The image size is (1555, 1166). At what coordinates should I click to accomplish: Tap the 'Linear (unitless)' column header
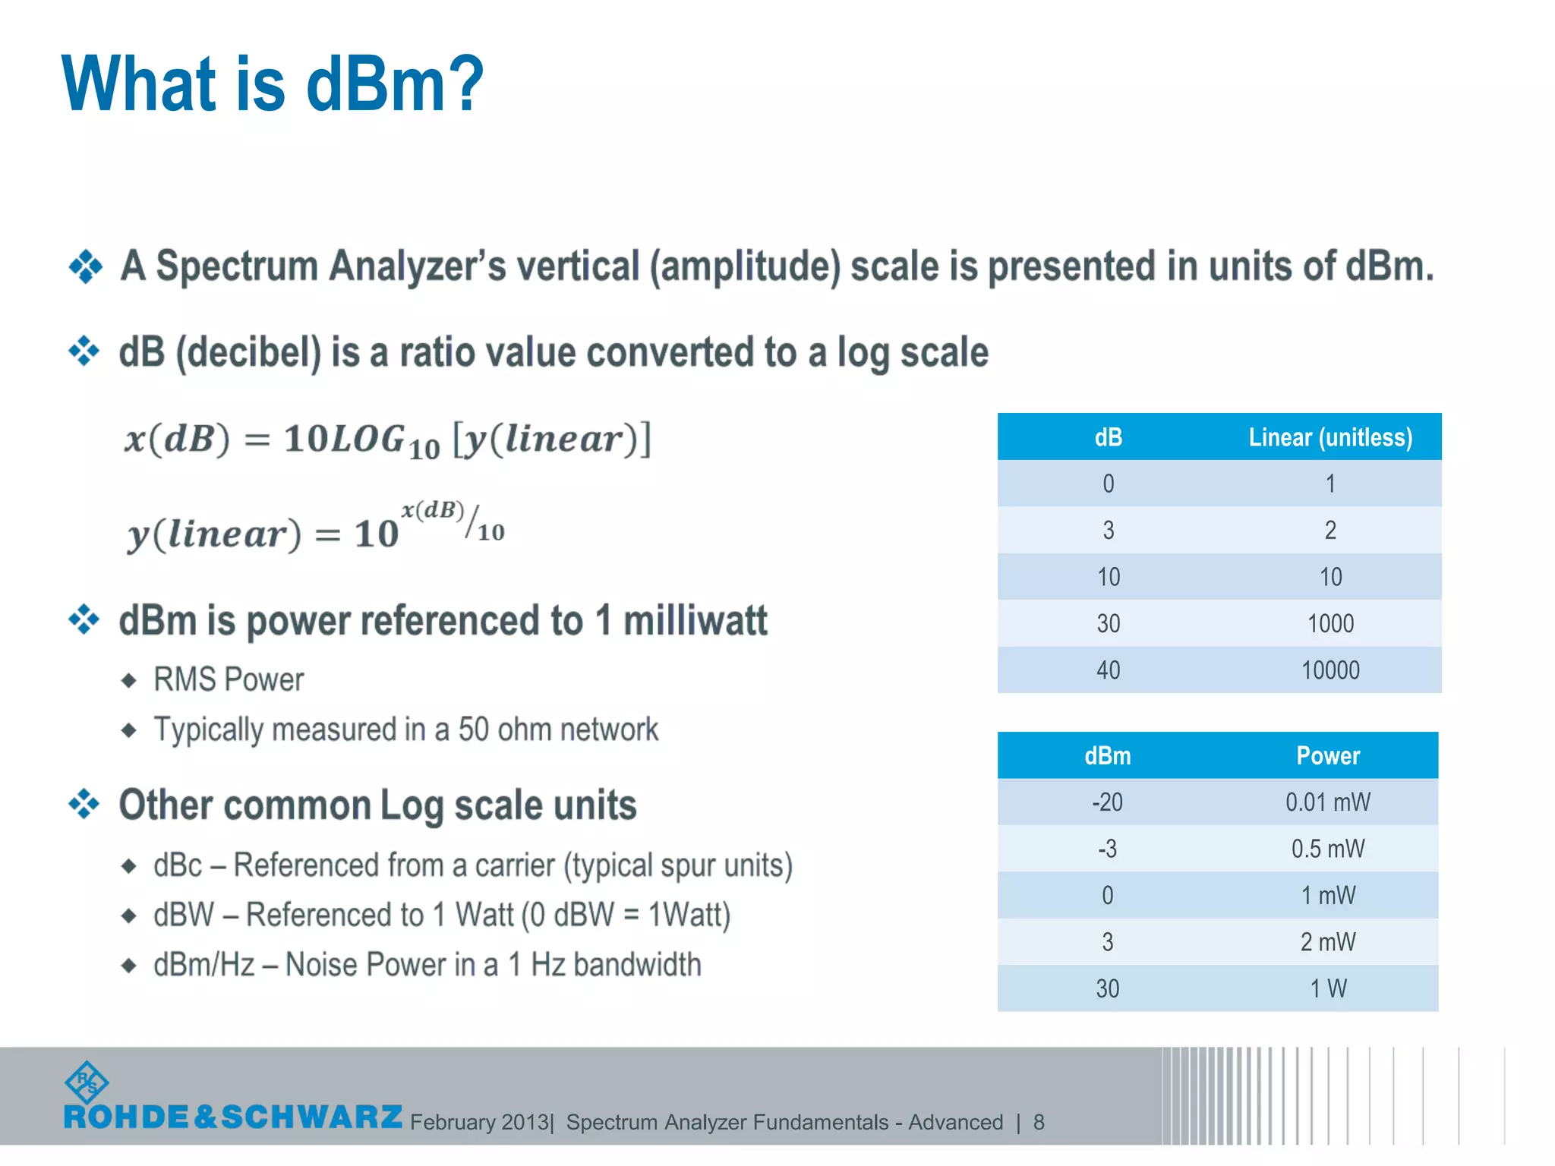(x=1330, y=437)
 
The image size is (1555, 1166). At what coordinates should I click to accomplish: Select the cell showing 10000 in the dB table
(x=1330, y=670)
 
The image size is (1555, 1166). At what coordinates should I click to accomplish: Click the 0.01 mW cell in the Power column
(x=1327, y=802)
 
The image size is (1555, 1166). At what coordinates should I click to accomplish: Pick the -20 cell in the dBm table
(x=1107, y=802)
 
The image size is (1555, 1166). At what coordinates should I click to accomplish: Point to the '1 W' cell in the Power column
(x=1327, y=988)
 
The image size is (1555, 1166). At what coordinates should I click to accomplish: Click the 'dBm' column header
(x=1107, y=756)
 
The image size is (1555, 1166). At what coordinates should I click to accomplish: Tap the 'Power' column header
(x=1327, y=756)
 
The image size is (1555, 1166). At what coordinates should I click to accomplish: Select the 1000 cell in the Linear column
(x=1330, y=624)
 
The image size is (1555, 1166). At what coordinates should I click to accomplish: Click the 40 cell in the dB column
(x=1108, y=670)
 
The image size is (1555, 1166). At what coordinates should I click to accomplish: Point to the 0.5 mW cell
(x=1327, y=849)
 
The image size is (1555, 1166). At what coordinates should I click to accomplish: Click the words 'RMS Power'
(x=229, y=679)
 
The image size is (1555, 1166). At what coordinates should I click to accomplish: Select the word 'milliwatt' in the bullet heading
(x=695, y=621)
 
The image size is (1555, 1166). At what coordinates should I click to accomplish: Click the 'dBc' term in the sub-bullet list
(x=178, y=865)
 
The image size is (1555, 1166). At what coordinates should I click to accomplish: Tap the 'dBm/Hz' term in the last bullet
(x=203, y=965)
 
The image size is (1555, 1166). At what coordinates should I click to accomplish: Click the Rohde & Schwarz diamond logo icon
(x=87, y=1082)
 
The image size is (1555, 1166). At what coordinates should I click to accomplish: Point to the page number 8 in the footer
(x=1039, y=1122)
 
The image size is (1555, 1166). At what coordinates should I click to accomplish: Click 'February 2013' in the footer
(x=479, y=1122)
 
